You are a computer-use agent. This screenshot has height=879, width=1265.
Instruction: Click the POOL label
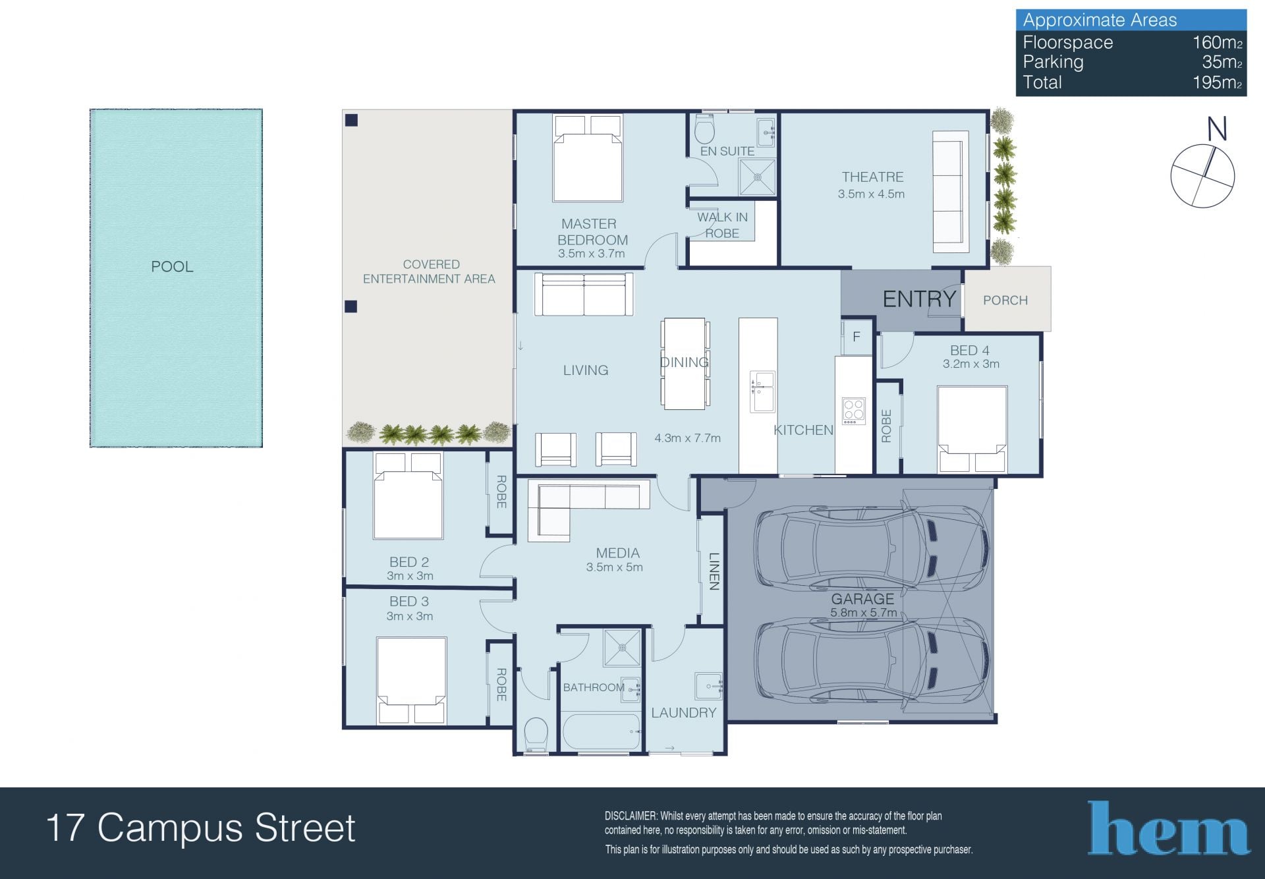pos(172,267)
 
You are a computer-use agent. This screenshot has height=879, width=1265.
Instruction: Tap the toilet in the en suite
pos(704,130)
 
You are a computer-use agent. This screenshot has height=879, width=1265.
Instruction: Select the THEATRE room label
pos(872,177)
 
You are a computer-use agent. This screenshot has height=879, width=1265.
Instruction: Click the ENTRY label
pos(919,299)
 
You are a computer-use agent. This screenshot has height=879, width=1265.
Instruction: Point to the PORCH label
pos(1005,300)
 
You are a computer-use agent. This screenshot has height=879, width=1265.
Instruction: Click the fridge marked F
pos(857,337)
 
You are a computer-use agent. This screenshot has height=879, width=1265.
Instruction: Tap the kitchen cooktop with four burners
pos(854,411)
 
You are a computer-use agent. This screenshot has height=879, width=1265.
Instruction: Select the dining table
pos(685,364)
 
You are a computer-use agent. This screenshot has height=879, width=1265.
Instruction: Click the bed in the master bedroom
pos(588,159)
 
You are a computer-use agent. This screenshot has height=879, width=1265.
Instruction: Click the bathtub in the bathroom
pos(602,731)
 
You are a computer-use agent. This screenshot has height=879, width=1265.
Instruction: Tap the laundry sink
pos(708,686)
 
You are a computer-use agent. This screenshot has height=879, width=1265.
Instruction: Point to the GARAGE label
pos(862,599)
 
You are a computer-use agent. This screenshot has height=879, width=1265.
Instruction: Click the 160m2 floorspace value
pos(1218,42)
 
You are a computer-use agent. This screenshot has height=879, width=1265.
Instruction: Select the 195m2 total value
pos(1218,82)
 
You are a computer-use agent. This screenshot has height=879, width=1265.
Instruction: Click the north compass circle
pos(1202,176)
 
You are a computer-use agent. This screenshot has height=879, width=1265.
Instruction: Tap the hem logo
pos(1168,828)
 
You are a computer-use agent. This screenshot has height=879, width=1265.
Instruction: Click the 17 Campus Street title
pos(201,828)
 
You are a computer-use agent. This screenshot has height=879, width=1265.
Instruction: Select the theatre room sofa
pos(950,192)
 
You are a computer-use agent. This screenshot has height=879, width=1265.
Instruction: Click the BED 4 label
pos(969,351)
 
